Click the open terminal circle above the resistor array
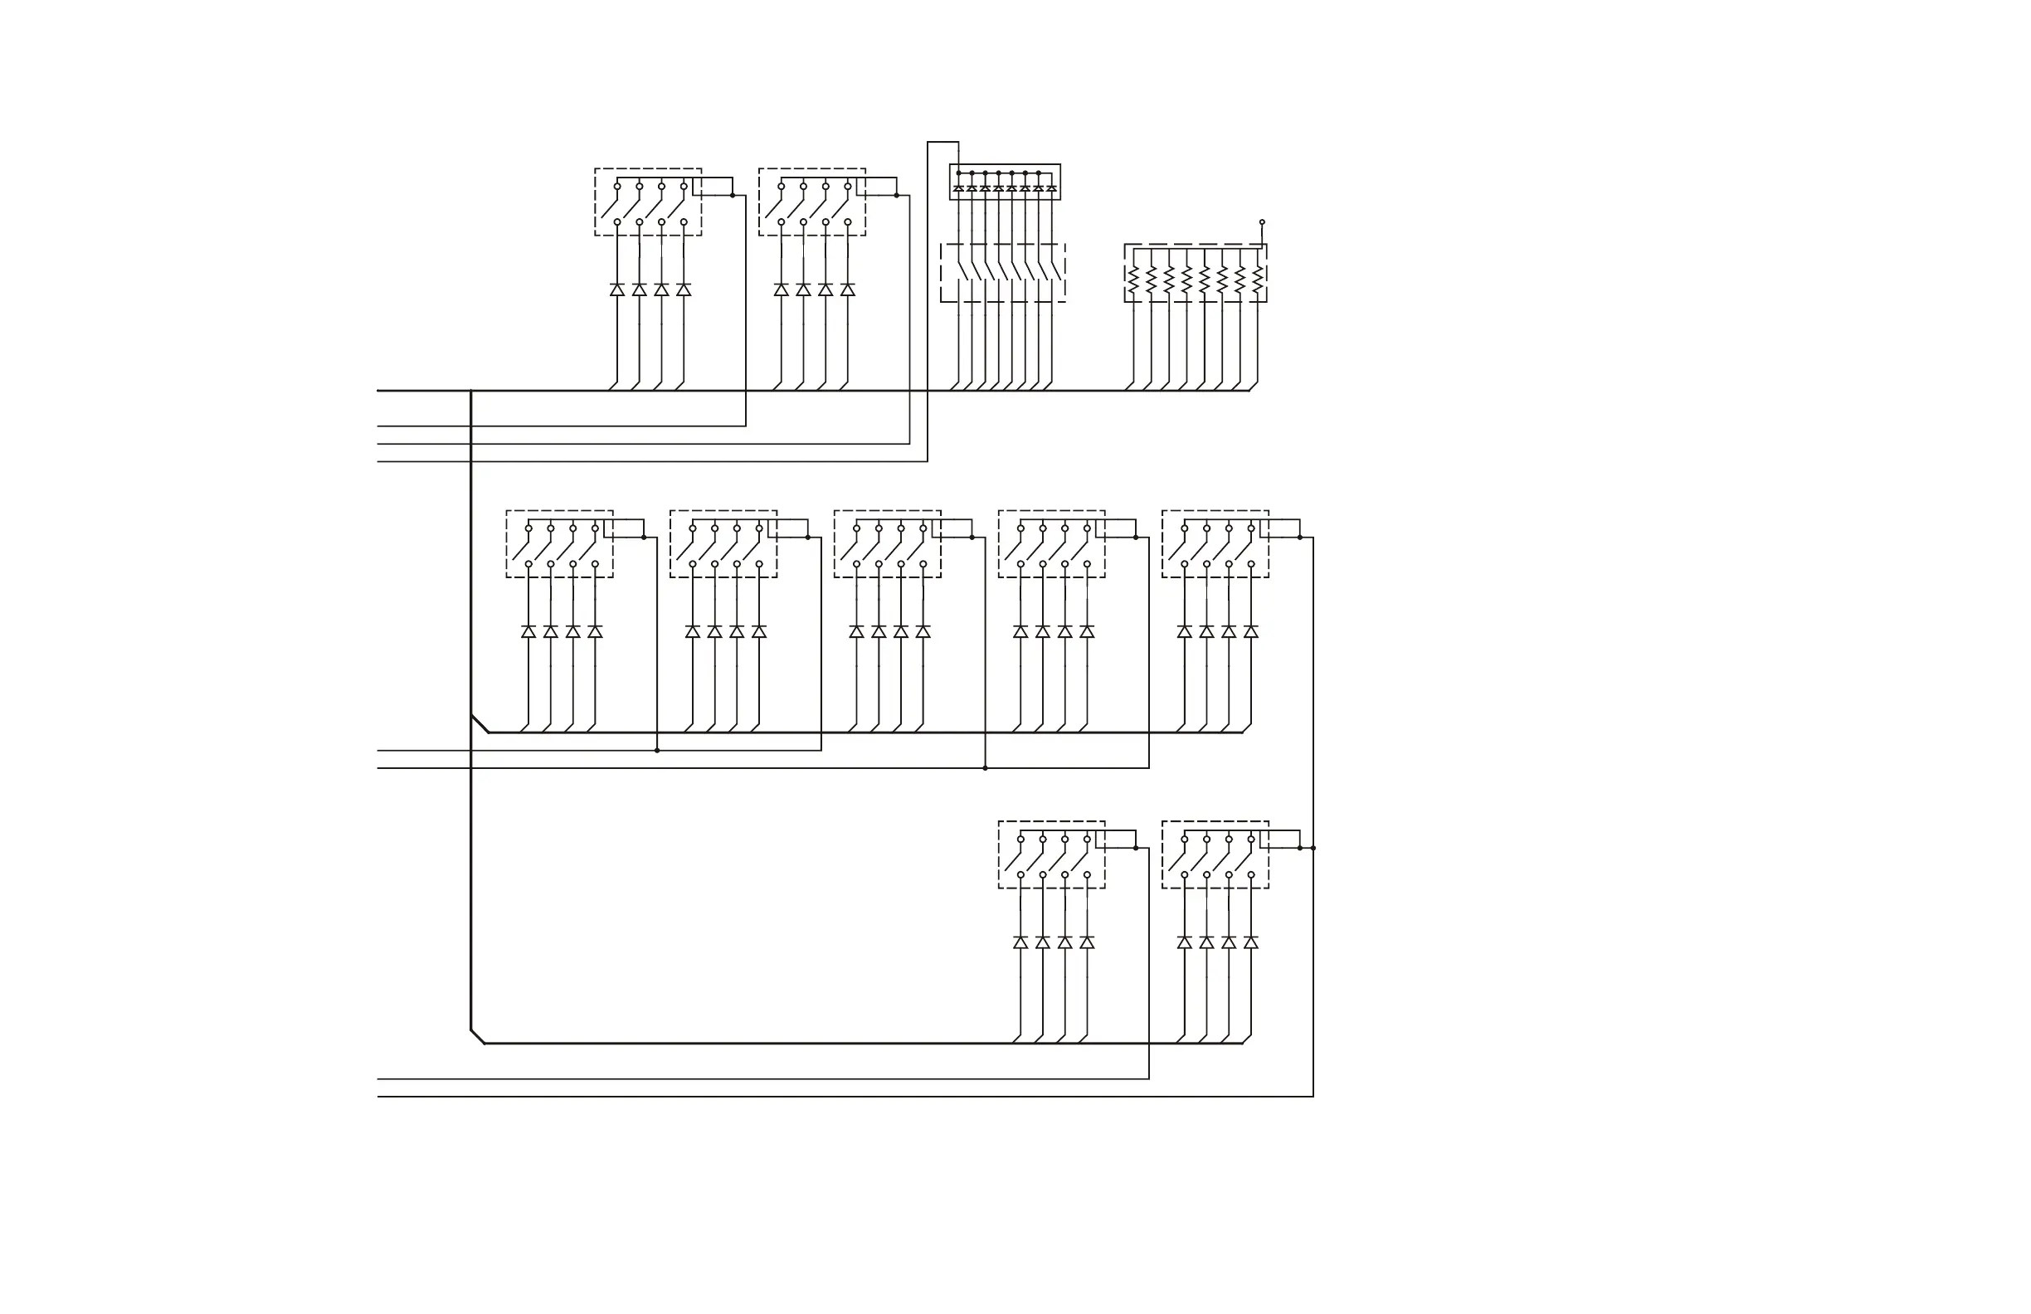click(1262, 221)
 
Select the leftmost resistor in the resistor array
click(1133, 280)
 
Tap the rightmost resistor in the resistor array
click(1258, 280)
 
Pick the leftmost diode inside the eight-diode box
click(958, 187)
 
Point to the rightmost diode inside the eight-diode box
click(1051, 187)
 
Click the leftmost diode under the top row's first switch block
click(617, 290)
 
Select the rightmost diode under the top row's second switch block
click(847, 290)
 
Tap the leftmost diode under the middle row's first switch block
click(528, 631)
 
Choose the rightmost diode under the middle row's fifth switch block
click(1251, 631)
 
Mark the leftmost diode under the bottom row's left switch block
click(1020, 942)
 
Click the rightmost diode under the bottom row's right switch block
click(1251, 942)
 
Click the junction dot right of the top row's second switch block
click(896, 196)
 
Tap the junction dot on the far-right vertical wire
click(1313, 848)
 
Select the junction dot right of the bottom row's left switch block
click(1136, 848)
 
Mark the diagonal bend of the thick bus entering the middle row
click(480, 723)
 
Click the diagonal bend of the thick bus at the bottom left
click(478, 1037)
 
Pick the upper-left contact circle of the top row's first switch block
click(617, 186)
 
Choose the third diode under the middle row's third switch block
click(900, 631)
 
